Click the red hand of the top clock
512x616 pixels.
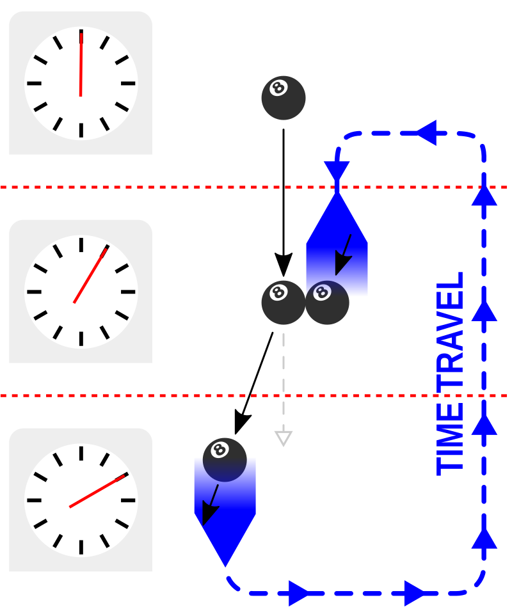point(81,65)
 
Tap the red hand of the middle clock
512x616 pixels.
point(91,274)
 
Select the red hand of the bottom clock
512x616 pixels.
point(98,491)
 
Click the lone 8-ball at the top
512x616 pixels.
point(284,98)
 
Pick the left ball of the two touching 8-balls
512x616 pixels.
point(284,303)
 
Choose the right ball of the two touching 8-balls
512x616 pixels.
point(327,303)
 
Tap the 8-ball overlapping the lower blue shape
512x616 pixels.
point(225,460)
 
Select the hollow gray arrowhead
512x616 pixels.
point(284,438)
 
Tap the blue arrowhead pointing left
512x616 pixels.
point(427,133)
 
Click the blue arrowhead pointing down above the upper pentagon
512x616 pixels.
point(337,171)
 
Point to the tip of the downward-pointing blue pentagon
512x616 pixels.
point(225,567)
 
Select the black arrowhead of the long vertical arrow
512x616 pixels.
point(284,265)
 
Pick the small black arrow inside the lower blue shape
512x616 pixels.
point(211,505)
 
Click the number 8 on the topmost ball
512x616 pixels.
point(278,88)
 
